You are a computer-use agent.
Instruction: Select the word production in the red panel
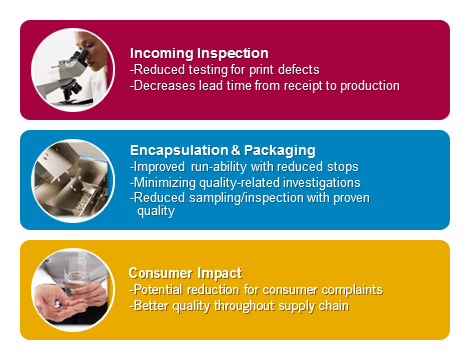click(366, 85)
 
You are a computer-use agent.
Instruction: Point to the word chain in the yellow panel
click(331, 305)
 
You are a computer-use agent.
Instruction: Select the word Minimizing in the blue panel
click(162, 182)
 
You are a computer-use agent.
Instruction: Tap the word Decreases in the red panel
click(164, 85)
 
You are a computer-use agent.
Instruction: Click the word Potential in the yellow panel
click(158, 289)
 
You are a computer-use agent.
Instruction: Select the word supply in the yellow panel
click(293, 305)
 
